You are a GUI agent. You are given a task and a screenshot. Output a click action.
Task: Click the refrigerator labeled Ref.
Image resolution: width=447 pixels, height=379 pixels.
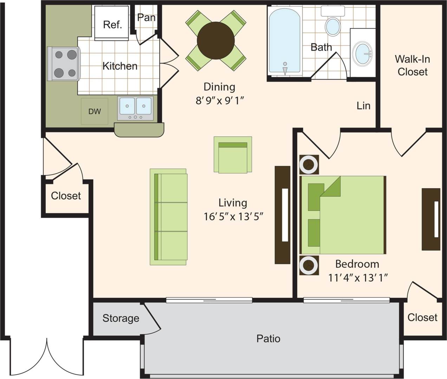coord(112,23)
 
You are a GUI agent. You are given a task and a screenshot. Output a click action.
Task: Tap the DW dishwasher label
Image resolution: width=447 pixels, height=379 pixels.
coord(95,111)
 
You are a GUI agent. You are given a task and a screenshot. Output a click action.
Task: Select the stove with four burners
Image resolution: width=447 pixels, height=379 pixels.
coord(64,64)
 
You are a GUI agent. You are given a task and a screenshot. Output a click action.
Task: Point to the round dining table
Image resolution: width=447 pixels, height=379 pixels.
coord(215,40)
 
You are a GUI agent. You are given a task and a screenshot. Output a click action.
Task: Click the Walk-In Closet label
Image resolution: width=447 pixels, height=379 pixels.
coord(412,65)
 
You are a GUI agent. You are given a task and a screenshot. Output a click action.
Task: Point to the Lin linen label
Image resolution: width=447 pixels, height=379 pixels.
coord(363,105)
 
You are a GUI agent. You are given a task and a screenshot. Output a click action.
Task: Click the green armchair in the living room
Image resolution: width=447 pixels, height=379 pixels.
coord(233,155)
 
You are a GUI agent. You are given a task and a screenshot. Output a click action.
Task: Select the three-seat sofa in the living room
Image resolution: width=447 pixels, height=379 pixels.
coord(169,217)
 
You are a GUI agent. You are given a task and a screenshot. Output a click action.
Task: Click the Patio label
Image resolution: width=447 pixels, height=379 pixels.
coord(268,339)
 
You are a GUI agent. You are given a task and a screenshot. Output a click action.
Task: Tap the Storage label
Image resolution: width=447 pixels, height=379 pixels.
coord(121,318)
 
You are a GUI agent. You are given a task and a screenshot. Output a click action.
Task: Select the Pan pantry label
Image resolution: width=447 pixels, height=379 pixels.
coord(146,17)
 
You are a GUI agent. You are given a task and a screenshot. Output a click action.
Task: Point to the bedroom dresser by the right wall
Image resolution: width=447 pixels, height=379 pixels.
coord(431,219)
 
